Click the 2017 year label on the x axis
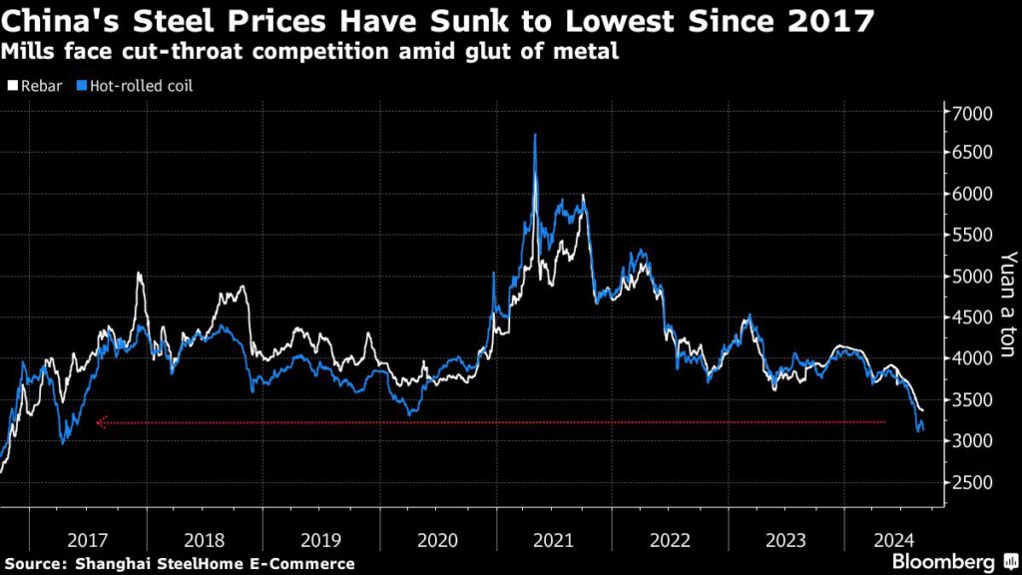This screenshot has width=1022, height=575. (x=88, y=540)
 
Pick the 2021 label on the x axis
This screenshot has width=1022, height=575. (x=553, y=540)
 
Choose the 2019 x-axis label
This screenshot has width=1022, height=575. (x=319, y=540)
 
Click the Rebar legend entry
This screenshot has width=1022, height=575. (x=35, y=86)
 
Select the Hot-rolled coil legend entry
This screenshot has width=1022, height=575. (x=134, y=86)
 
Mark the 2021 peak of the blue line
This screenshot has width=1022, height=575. (x=536, y=135)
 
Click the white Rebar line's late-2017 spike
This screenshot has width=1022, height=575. (x=139, y=273)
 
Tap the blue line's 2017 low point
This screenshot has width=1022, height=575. (x=63, y=442)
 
